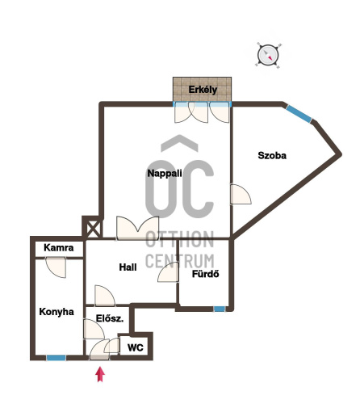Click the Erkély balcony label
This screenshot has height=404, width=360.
coord(203,90)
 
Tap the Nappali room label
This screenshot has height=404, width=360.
coord(165,173)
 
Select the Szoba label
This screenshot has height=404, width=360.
coord(272,155)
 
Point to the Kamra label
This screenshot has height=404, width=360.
coord(59,247)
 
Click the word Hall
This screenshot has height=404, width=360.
coord(128,267)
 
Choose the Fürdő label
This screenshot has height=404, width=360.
coord(206,274)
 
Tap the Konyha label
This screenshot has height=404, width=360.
coord(57,312)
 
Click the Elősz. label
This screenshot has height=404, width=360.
coord(110,318)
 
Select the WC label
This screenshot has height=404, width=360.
coord(136,347)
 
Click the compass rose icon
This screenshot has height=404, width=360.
coord(268,56)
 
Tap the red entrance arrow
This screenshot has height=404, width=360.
coord(100,374)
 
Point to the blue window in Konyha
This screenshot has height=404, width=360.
coord(57,358)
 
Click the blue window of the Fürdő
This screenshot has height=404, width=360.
coord(220,309)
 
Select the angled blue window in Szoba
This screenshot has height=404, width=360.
coord(299,114)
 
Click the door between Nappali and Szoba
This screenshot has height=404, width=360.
coord(241,194)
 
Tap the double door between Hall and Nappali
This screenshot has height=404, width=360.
coord(137,228)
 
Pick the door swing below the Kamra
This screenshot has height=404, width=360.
coord(56,267)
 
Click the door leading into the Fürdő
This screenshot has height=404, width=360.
coord(168,272)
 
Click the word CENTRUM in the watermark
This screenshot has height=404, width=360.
coord(180,261)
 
